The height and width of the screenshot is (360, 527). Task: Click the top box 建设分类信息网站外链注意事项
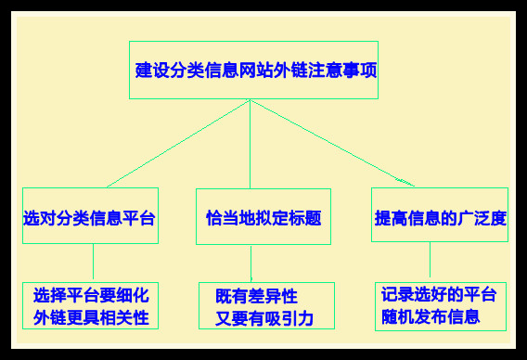pyautogui.click(x=253, y=70)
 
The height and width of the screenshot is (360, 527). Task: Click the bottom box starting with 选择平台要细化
pyautogui.click(x=90, y=306)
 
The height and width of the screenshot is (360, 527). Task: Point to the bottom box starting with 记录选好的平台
pyautogui.click(x=440, y=306)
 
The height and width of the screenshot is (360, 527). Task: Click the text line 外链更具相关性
pyautogui.click(x=91, y=317)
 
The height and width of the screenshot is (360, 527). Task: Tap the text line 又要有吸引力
pyautogui.click(x=258, y=318)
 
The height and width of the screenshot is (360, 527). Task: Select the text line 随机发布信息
pyautogui.click(x=431, y=317)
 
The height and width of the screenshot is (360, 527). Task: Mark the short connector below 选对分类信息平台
pyautogui.click(x=93, y=263)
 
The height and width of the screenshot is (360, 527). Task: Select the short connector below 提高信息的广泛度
pyautogui.click(x=430, y=262)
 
